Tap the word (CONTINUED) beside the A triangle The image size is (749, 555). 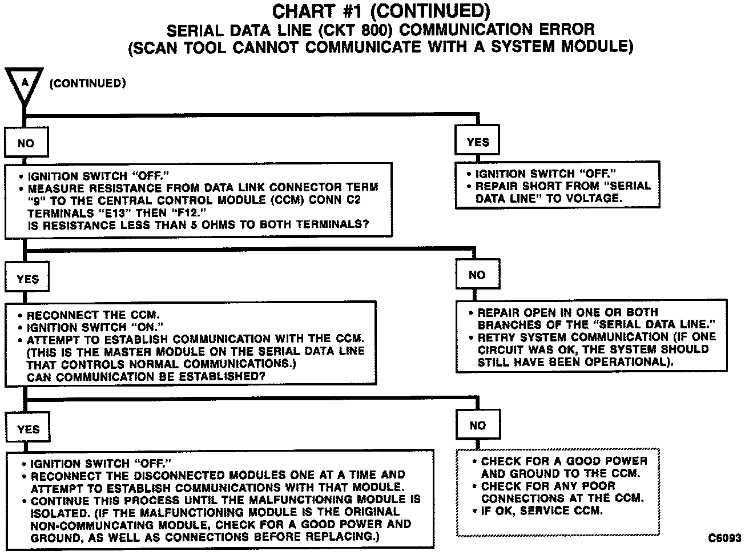click(88, 83)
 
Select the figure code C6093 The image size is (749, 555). click(724, 538)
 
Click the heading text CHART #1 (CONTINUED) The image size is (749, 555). click(381, 11)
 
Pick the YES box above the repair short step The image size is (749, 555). click(478, 142)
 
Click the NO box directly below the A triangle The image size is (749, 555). click(26, 143)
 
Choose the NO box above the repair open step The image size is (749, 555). click(477, 275)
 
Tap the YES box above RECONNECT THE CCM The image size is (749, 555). click(28, 279)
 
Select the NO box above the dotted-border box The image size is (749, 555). click(478, 425)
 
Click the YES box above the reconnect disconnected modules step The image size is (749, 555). click(29, 429)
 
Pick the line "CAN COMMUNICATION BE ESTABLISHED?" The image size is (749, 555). click(146, 377)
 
